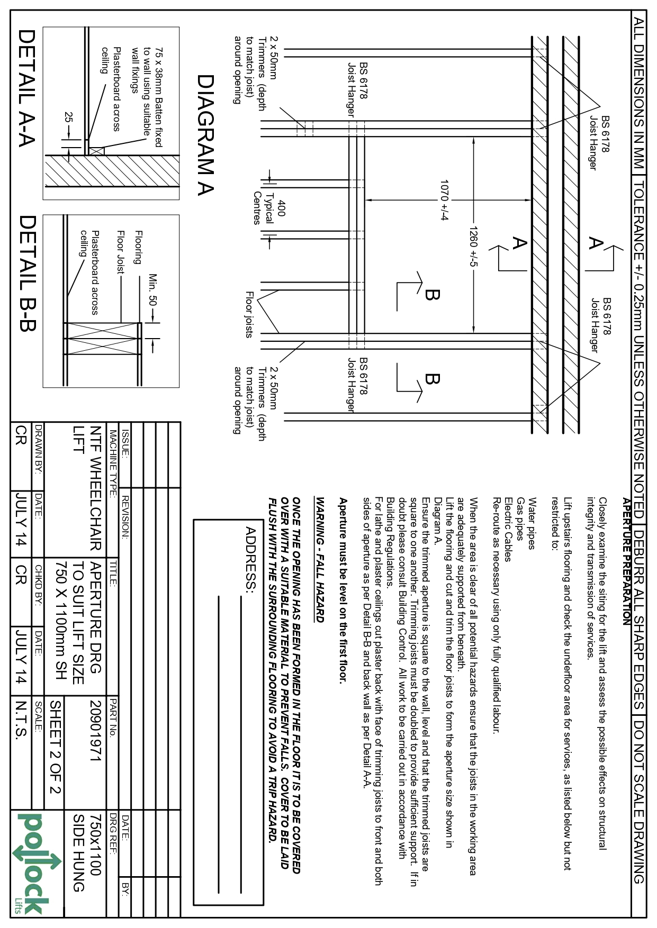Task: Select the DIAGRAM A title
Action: click(x=205, y=135)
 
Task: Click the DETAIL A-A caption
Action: click(x=26, y=88)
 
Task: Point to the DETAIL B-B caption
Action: click(x=26, y=272)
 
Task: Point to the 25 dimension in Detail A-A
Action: click(x=68, y=117)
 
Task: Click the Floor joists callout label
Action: click(x=249, y=314)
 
